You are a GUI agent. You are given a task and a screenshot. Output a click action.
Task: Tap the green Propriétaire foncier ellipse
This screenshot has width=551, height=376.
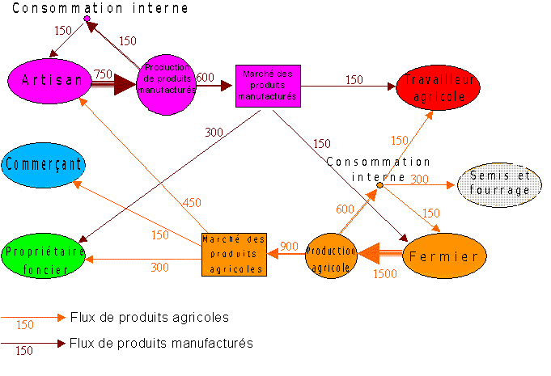(x=44, y=256)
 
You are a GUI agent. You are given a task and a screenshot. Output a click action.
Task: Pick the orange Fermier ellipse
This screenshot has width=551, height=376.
(x=444, y=256)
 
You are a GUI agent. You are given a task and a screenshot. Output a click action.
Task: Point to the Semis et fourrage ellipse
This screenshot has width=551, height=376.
(x=500, y=184)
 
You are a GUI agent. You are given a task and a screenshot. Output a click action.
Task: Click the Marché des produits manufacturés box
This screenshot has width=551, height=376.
(x=268, y=85)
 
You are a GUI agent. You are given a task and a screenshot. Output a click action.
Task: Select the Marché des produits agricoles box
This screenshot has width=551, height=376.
(x=234, y=254)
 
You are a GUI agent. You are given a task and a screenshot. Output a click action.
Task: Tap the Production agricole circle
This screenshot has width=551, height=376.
(x=331, y=256)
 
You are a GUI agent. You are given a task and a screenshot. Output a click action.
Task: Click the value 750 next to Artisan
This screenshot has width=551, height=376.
(x=103, y=74)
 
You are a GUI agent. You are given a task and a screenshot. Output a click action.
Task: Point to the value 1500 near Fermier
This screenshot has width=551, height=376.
(x=384, y=275)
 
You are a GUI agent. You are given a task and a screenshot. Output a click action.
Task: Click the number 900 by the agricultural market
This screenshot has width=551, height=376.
(x=289, y=246)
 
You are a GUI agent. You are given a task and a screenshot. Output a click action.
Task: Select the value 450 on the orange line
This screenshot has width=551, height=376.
(x=192, y=203)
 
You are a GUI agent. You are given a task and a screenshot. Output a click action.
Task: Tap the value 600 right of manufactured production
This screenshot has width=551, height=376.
(x=205, y=77)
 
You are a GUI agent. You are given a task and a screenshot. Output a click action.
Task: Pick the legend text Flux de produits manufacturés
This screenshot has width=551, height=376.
(x=161, y=343)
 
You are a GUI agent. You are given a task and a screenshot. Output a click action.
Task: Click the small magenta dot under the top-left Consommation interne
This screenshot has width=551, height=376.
(x=87, y=19)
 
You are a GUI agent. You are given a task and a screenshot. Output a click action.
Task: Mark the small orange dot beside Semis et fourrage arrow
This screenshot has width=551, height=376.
(x=379, y=185)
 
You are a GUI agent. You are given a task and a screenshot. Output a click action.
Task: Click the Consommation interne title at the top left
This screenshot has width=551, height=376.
(x=100, y=8)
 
